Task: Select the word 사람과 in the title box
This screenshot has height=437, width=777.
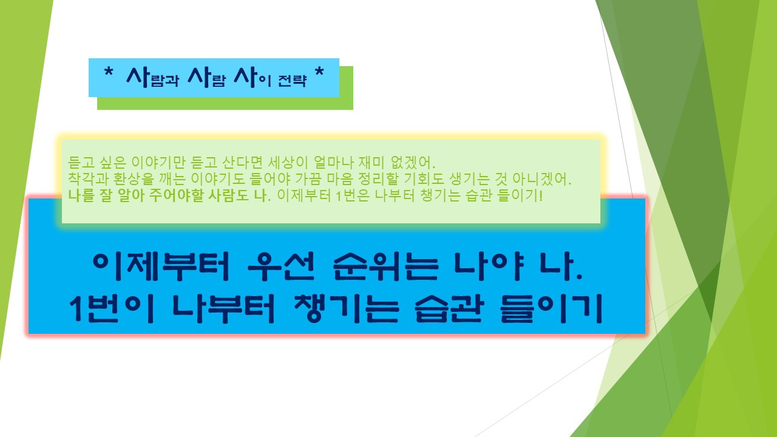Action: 152,78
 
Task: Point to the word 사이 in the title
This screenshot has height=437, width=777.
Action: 253,78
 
